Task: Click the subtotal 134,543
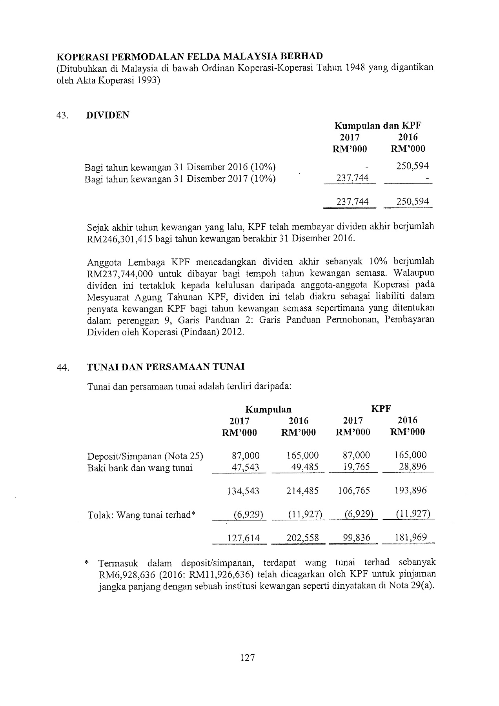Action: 243,491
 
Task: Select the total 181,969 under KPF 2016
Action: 411,537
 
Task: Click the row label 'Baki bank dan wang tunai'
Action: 140,468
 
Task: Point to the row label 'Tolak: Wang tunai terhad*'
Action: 141,515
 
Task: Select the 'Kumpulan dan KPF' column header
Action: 378,126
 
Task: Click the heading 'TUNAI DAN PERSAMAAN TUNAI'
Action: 166,367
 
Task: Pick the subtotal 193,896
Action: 411,490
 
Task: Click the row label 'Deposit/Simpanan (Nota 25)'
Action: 145,456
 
